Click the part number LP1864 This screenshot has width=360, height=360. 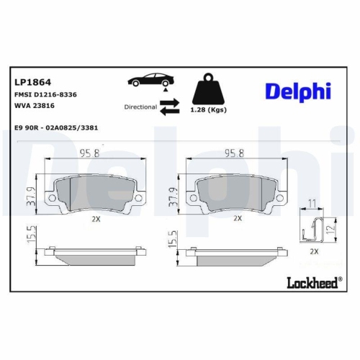(x=29, y=82)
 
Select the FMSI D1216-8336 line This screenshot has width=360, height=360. (x=45, y=94)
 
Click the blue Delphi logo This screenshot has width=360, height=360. (x=297, y=90)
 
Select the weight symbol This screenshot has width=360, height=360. (x=209, y=90)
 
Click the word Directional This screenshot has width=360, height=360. (x=140, y=107)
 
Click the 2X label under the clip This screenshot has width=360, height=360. (x=313, y=252)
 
